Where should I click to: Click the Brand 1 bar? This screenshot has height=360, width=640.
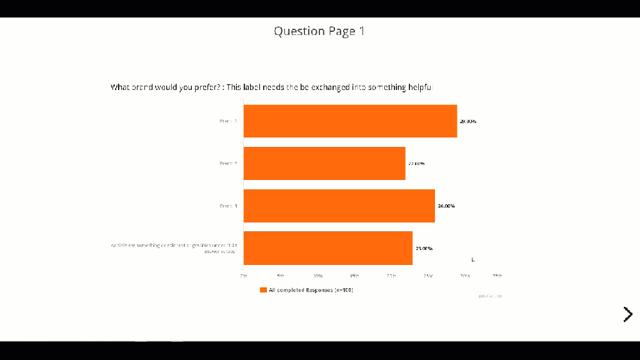pos(350,121)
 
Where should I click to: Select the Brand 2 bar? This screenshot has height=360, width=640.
pos(324,163)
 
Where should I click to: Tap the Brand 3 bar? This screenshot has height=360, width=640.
pos(339,206)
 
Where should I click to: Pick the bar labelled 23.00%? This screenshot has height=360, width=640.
pos(327,248)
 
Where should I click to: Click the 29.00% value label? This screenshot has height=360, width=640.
pos(468,121)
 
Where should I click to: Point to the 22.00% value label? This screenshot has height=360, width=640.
pos(416,164)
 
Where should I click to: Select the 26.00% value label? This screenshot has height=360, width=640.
pos(446,206)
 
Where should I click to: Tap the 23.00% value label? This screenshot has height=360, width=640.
pos(424,248)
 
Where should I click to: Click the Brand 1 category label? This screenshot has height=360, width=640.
pos(228,121)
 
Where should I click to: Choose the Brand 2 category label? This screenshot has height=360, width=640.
pos(228,163)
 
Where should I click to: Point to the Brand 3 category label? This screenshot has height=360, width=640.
pos(228,206)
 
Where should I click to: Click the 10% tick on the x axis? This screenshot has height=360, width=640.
pos(317,276)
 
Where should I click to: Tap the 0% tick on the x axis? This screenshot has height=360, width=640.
pos(244,276)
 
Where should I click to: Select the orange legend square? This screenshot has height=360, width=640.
pos(263,290)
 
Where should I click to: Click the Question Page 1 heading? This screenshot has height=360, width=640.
pos(319,31)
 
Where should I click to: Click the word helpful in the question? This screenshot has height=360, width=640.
pos(420,87)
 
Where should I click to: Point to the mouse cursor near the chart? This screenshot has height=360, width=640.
pos(472,259)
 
